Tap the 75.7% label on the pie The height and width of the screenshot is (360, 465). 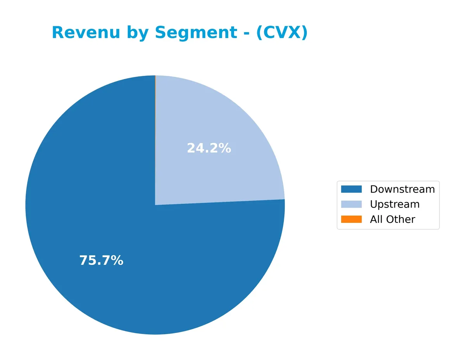coord(101,261)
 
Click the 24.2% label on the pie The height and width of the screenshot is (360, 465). coord(209,148)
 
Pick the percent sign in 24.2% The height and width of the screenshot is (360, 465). coord(225,148)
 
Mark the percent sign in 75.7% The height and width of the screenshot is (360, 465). coord(117,261)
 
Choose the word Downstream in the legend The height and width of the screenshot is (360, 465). coord(402,189)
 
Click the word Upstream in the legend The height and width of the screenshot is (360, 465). coord(394,204)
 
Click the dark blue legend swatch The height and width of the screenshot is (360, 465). coord(351,189)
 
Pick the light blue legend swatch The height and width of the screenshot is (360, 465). coord(351,204)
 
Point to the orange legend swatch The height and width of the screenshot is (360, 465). coord(351,219)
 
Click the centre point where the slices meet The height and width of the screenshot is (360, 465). coord(155,205)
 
